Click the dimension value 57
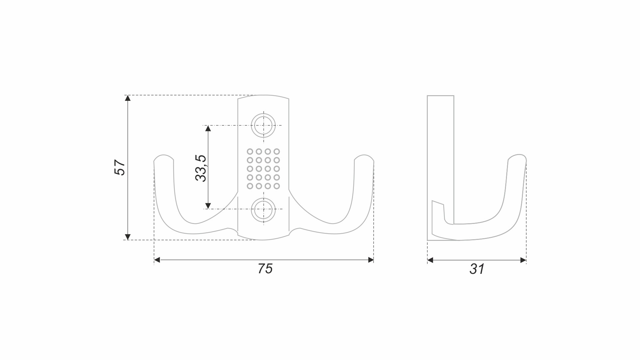120,167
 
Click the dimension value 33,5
201,168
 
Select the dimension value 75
265,269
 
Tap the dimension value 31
477,269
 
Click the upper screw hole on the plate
263,125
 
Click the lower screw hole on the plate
263,210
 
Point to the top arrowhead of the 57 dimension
127,98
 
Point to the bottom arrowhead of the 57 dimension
127,237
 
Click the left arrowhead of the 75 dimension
157,260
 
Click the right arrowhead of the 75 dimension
371,260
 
